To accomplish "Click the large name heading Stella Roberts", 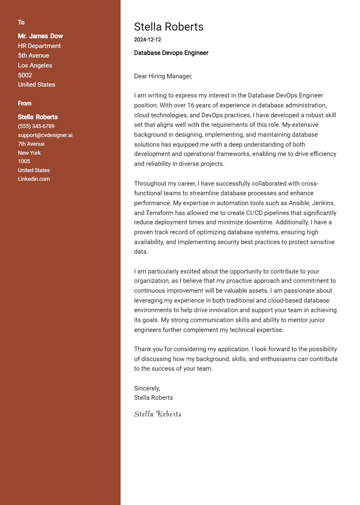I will (x=169, y=27).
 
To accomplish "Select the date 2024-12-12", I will (x=148, y=39).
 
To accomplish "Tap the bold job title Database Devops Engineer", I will (x=171, y=53).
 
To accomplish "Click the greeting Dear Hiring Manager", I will (x=163, y=76).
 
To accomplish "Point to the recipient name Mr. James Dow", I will (x=40, y=36).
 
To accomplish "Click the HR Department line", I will (x=39, y=46).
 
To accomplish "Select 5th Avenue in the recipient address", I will (x=34, y=56).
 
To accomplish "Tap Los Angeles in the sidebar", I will (x=35, y=65).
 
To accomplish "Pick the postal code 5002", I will (x=25, y=75).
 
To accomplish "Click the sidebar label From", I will (x=25, y=104).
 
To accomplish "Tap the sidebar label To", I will (x=21, y=22).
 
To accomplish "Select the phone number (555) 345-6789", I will (x=36, y=126).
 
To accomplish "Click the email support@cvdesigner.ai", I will (x=45, y=135).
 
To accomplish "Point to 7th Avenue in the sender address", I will (x=31, y=144).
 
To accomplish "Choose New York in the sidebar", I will (x=29, y=153).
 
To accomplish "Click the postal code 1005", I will (x=24, y=161).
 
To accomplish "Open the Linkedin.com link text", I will (x=34, y=179).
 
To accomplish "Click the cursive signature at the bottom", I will (x=158, y=414).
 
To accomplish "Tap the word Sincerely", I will (x=147, y=388).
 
